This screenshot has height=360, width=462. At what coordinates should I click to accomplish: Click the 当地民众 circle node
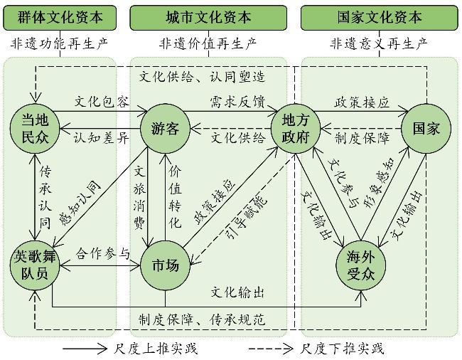pyautogui.click(x=34, y=128)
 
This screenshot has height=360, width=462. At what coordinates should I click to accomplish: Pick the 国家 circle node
pyautogui.click(x=425, y=128)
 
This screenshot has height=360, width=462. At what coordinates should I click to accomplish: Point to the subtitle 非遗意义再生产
pyautogui.click(x=379, y=44)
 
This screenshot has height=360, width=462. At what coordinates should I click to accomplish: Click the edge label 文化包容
pyautogui.click(x=102, y=102)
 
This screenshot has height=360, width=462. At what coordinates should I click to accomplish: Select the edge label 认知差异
pyautogui.click(x=102, y=138)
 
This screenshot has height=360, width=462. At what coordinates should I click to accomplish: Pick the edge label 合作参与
pyautogui.click(x=104, y=253)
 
